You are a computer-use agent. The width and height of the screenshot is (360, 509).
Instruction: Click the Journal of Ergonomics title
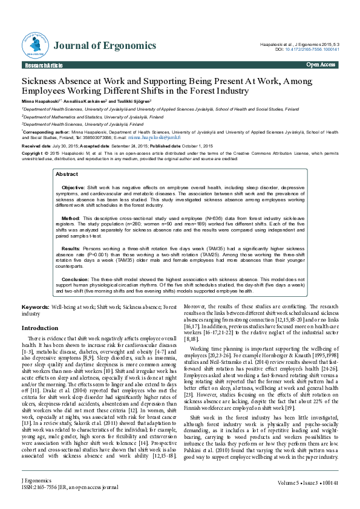tap(105, 46)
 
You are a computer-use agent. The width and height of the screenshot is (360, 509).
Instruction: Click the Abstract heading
tap(67, 174)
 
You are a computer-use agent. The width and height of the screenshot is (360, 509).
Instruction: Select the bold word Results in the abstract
tap(71, 248)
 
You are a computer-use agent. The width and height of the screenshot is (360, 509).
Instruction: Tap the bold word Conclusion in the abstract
tap(75, 279)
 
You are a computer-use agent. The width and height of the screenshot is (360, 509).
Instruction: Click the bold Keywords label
tap(36, 308)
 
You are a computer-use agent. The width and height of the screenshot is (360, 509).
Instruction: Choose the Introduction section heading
tap(40, 328)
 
